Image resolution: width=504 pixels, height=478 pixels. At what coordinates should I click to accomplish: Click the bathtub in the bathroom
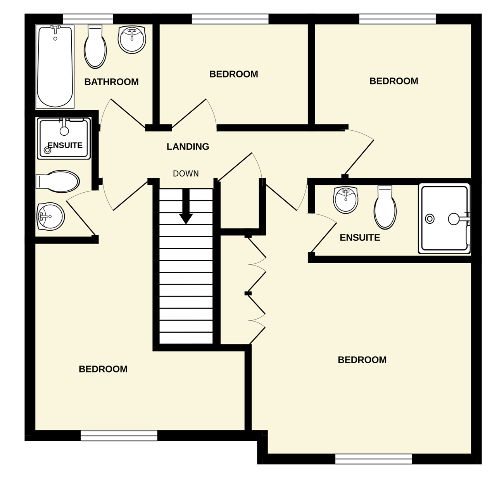55,67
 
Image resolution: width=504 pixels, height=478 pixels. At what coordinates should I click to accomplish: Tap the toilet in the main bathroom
95,47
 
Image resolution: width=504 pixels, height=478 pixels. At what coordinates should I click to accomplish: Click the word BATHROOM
111,82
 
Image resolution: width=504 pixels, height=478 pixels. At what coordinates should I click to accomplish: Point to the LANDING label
188,147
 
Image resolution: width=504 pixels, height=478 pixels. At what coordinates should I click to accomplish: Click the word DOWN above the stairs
186,174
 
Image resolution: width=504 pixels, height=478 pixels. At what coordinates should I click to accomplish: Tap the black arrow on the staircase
186,206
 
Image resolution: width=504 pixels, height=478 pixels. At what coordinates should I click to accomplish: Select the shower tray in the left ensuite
64,138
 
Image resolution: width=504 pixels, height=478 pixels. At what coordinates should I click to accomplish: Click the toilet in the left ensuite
58,181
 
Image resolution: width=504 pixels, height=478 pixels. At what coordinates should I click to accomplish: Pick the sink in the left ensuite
51,216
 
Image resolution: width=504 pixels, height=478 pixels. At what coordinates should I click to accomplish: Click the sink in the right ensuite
345,200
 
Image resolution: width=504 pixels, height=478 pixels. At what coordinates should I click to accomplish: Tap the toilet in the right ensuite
385,207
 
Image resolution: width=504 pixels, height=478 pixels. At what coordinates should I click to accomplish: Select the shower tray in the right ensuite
444,219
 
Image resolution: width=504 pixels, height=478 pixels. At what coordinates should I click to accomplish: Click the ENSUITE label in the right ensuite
360,238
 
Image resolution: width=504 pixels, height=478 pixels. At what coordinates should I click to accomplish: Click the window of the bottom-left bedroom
119,435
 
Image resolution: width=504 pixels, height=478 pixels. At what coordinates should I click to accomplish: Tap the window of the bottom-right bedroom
373,459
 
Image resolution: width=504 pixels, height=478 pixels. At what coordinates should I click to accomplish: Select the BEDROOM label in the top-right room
394,81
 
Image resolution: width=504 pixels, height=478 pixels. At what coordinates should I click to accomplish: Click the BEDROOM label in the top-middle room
233,74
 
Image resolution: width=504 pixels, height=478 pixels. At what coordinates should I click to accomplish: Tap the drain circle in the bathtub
55,39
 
